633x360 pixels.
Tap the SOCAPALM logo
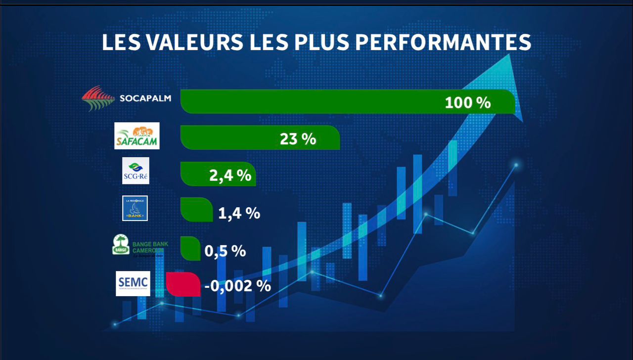[x=127, y=98]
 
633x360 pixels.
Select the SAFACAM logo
[x=137, y=135]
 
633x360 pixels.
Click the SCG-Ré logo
[x=136, y=171]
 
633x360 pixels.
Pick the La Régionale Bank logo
[x=135, y=208]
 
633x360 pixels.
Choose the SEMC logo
[x=133, y=283]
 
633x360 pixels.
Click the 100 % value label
[x=467, y=103]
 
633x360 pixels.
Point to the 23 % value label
[x=298, y=139]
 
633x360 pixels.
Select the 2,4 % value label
[x=230, y=176]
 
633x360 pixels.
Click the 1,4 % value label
[x=239, y=213]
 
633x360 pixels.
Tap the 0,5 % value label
[x=225, y=251]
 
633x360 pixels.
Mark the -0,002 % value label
[x=237, y=285]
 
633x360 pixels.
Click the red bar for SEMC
[x=183, y=284]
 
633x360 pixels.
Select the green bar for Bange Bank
[x=187, y=248]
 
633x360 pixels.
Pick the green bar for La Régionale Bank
[x=196, y=209]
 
